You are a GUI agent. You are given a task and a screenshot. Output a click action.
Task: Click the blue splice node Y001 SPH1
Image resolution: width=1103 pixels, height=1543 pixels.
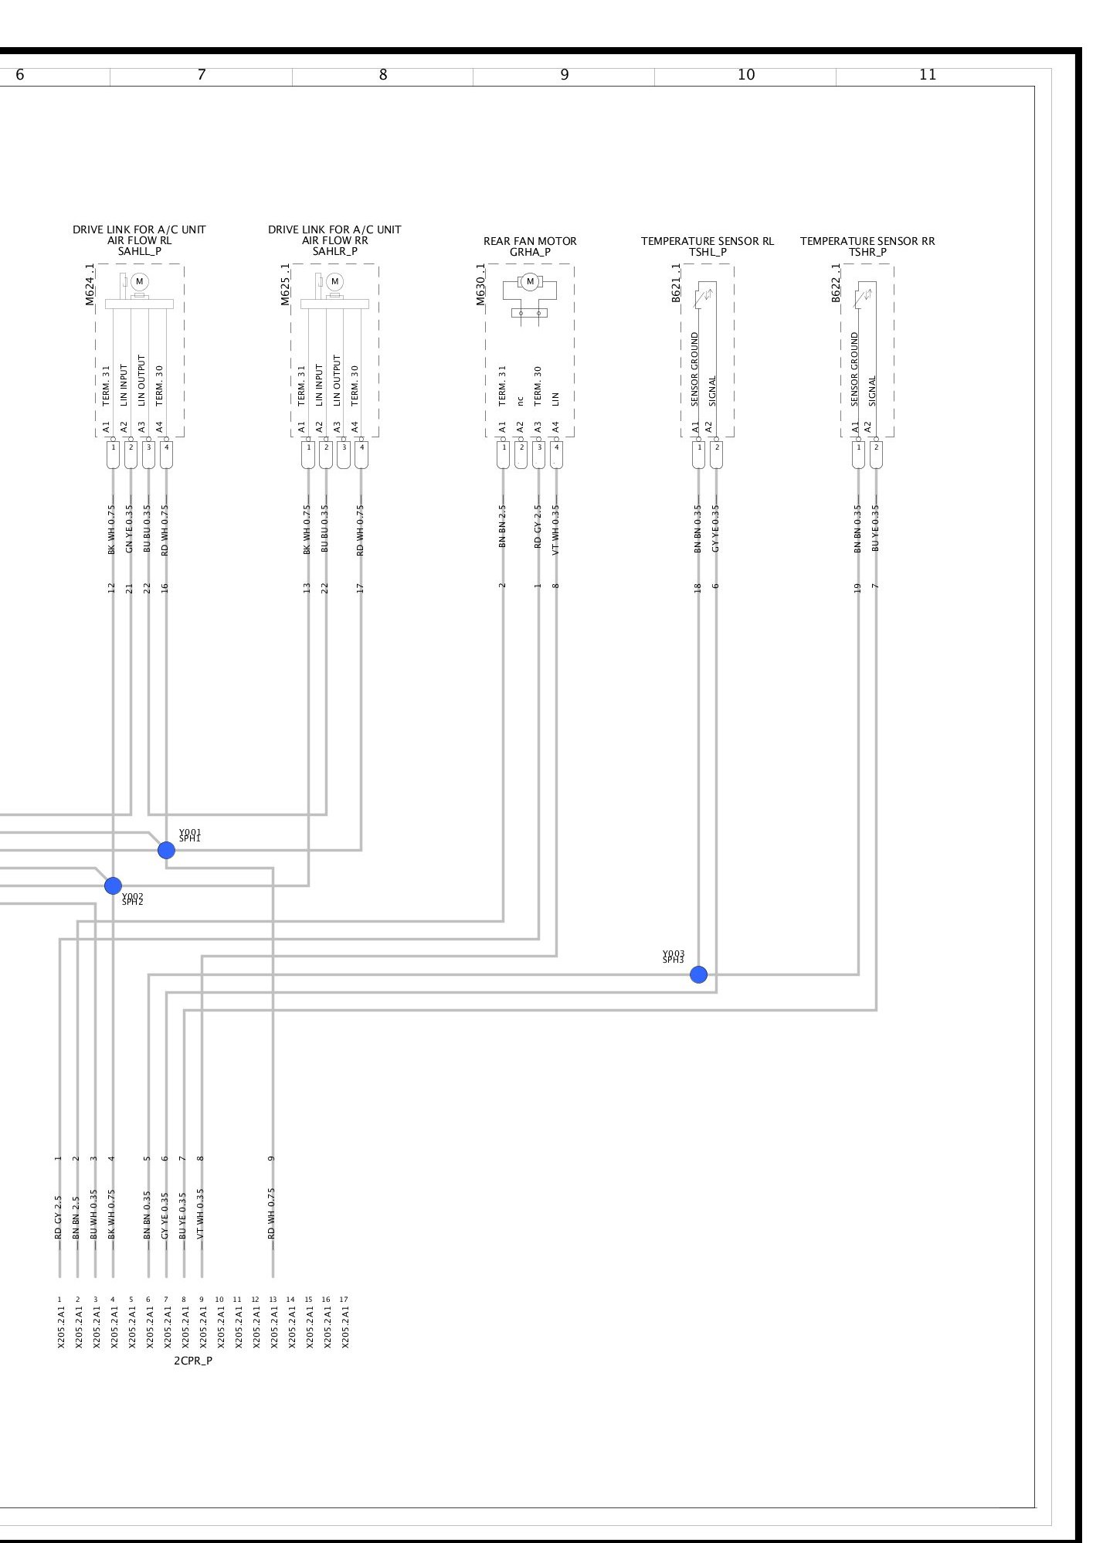(x=166, y=850)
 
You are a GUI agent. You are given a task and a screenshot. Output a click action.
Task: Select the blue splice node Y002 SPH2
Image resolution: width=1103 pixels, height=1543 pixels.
(x=113, y=885)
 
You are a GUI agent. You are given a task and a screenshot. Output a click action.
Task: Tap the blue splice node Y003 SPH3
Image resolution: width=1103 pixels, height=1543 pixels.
(x=698, y=974)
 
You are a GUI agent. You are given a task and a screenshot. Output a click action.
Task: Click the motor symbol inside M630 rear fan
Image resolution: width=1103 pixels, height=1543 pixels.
(x=530, y=282)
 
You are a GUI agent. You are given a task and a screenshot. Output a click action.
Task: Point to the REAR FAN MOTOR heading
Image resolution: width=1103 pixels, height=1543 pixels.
(x=530, y=241)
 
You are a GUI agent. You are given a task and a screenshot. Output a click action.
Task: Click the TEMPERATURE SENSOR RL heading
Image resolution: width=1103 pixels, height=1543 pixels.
(x=707, y=241)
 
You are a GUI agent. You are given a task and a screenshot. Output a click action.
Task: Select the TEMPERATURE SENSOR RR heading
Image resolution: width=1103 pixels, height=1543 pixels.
(x=867, y=241)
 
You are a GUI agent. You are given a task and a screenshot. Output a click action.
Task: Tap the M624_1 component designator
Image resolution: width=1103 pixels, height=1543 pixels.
(x=90, y=284)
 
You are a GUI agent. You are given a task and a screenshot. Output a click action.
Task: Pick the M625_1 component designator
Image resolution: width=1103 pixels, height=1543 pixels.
(x=286, y=284)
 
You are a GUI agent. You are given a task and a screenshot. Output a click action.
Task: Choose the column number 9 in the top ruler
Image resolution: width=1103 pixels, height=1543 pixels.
(x=565, y=75)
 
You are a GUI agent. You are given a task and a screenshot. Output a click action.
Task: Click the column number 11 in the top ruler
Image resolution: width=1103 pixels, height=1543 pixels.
(x=928, y=75)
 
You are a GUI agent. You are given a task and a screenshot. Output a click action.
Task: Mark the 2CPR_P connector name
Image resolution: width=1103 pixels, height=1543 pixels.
(x=193, y=1382)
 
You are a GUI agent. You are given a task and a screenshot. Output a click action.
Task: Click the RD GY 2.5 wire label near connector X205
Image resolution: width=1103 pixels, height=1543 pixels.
(x=59, y=1218)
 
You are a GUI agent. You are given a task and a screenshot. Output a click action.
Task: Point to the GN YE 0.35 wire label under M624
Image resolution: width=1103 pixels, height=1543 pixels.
(x=130, y=530)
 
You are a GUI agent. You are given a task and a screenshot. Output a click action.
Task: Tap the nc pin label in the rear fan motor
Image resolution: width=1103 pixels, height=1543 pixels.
(x=521, y=399)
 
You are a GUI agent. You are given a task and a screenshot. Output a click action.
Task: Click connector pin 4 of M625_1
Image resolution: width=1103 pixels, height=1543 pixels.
(x=361, y=447)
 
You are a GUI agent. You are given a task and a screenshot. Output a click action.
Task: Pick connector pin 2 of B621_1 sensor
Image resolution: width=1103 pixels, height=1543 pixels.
(x=717, y=447)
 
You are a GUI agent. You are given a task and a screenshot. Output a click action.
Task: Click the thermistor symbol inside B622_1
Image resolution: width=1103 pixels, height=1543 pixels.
(x=864, y=295)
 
